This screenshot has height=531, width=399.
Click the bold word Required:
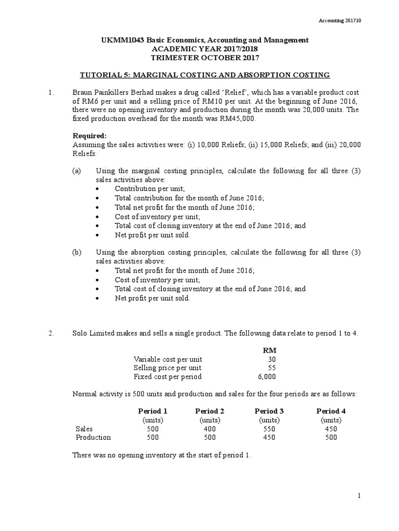pos(89,136)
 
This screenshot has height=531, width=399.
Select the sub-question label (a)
pos(76,171)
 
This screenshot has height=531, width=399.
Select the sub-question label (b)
pos(76,252)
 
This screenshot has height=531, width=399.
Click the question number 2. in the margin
pos(51,333)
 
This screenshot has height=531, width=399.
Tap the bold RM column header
pos(270,350)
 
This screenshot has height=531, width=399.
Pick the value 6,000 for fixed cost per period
pos(267,376)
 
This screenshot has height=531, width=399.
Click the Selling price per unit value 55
pos(272,368)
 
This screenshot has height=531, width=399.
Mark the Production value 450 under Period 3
pos(269,438)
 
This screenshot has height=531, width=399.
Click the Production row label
pos(94,438)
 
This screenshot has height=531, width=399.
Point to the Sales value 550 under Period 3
pos(269,429)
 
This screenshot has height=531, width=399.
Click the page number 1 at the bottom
pos(358,496)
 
